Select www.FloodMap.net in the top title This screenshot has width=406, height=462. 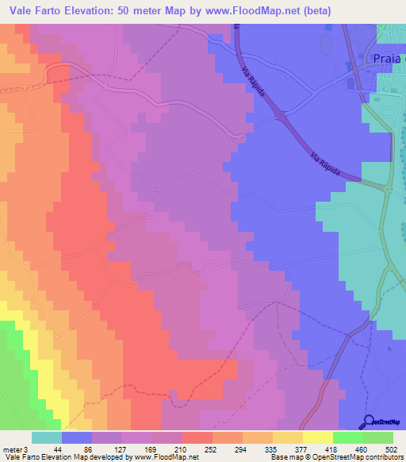tap(251, 10)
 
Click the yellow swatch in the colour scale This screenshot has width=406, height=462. tap(287, 437)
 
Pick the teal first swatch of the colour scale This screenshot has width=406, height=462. tap(47, 437)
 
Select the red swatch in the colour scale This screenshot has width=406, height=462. tap(197, 437)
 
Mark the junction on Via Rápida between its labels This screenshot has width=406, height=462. tap(282, 117)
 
